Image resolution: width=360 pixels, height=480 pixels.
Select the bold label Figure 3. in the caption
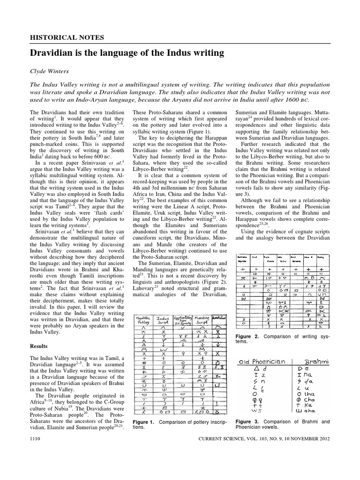click(x=247, y=421)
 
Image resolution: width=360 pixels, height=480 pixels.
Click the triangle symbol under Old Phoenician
click(x=255, y=369)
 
